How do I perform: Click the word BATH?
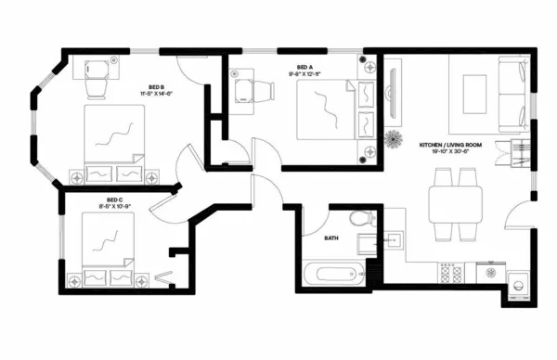tap(331, 238)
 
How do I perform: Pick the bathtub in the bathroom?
tap(334, 274)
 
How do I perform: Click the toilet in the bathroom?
tap(359, 220)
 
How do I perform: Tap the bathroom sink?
tap(393, 240)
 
